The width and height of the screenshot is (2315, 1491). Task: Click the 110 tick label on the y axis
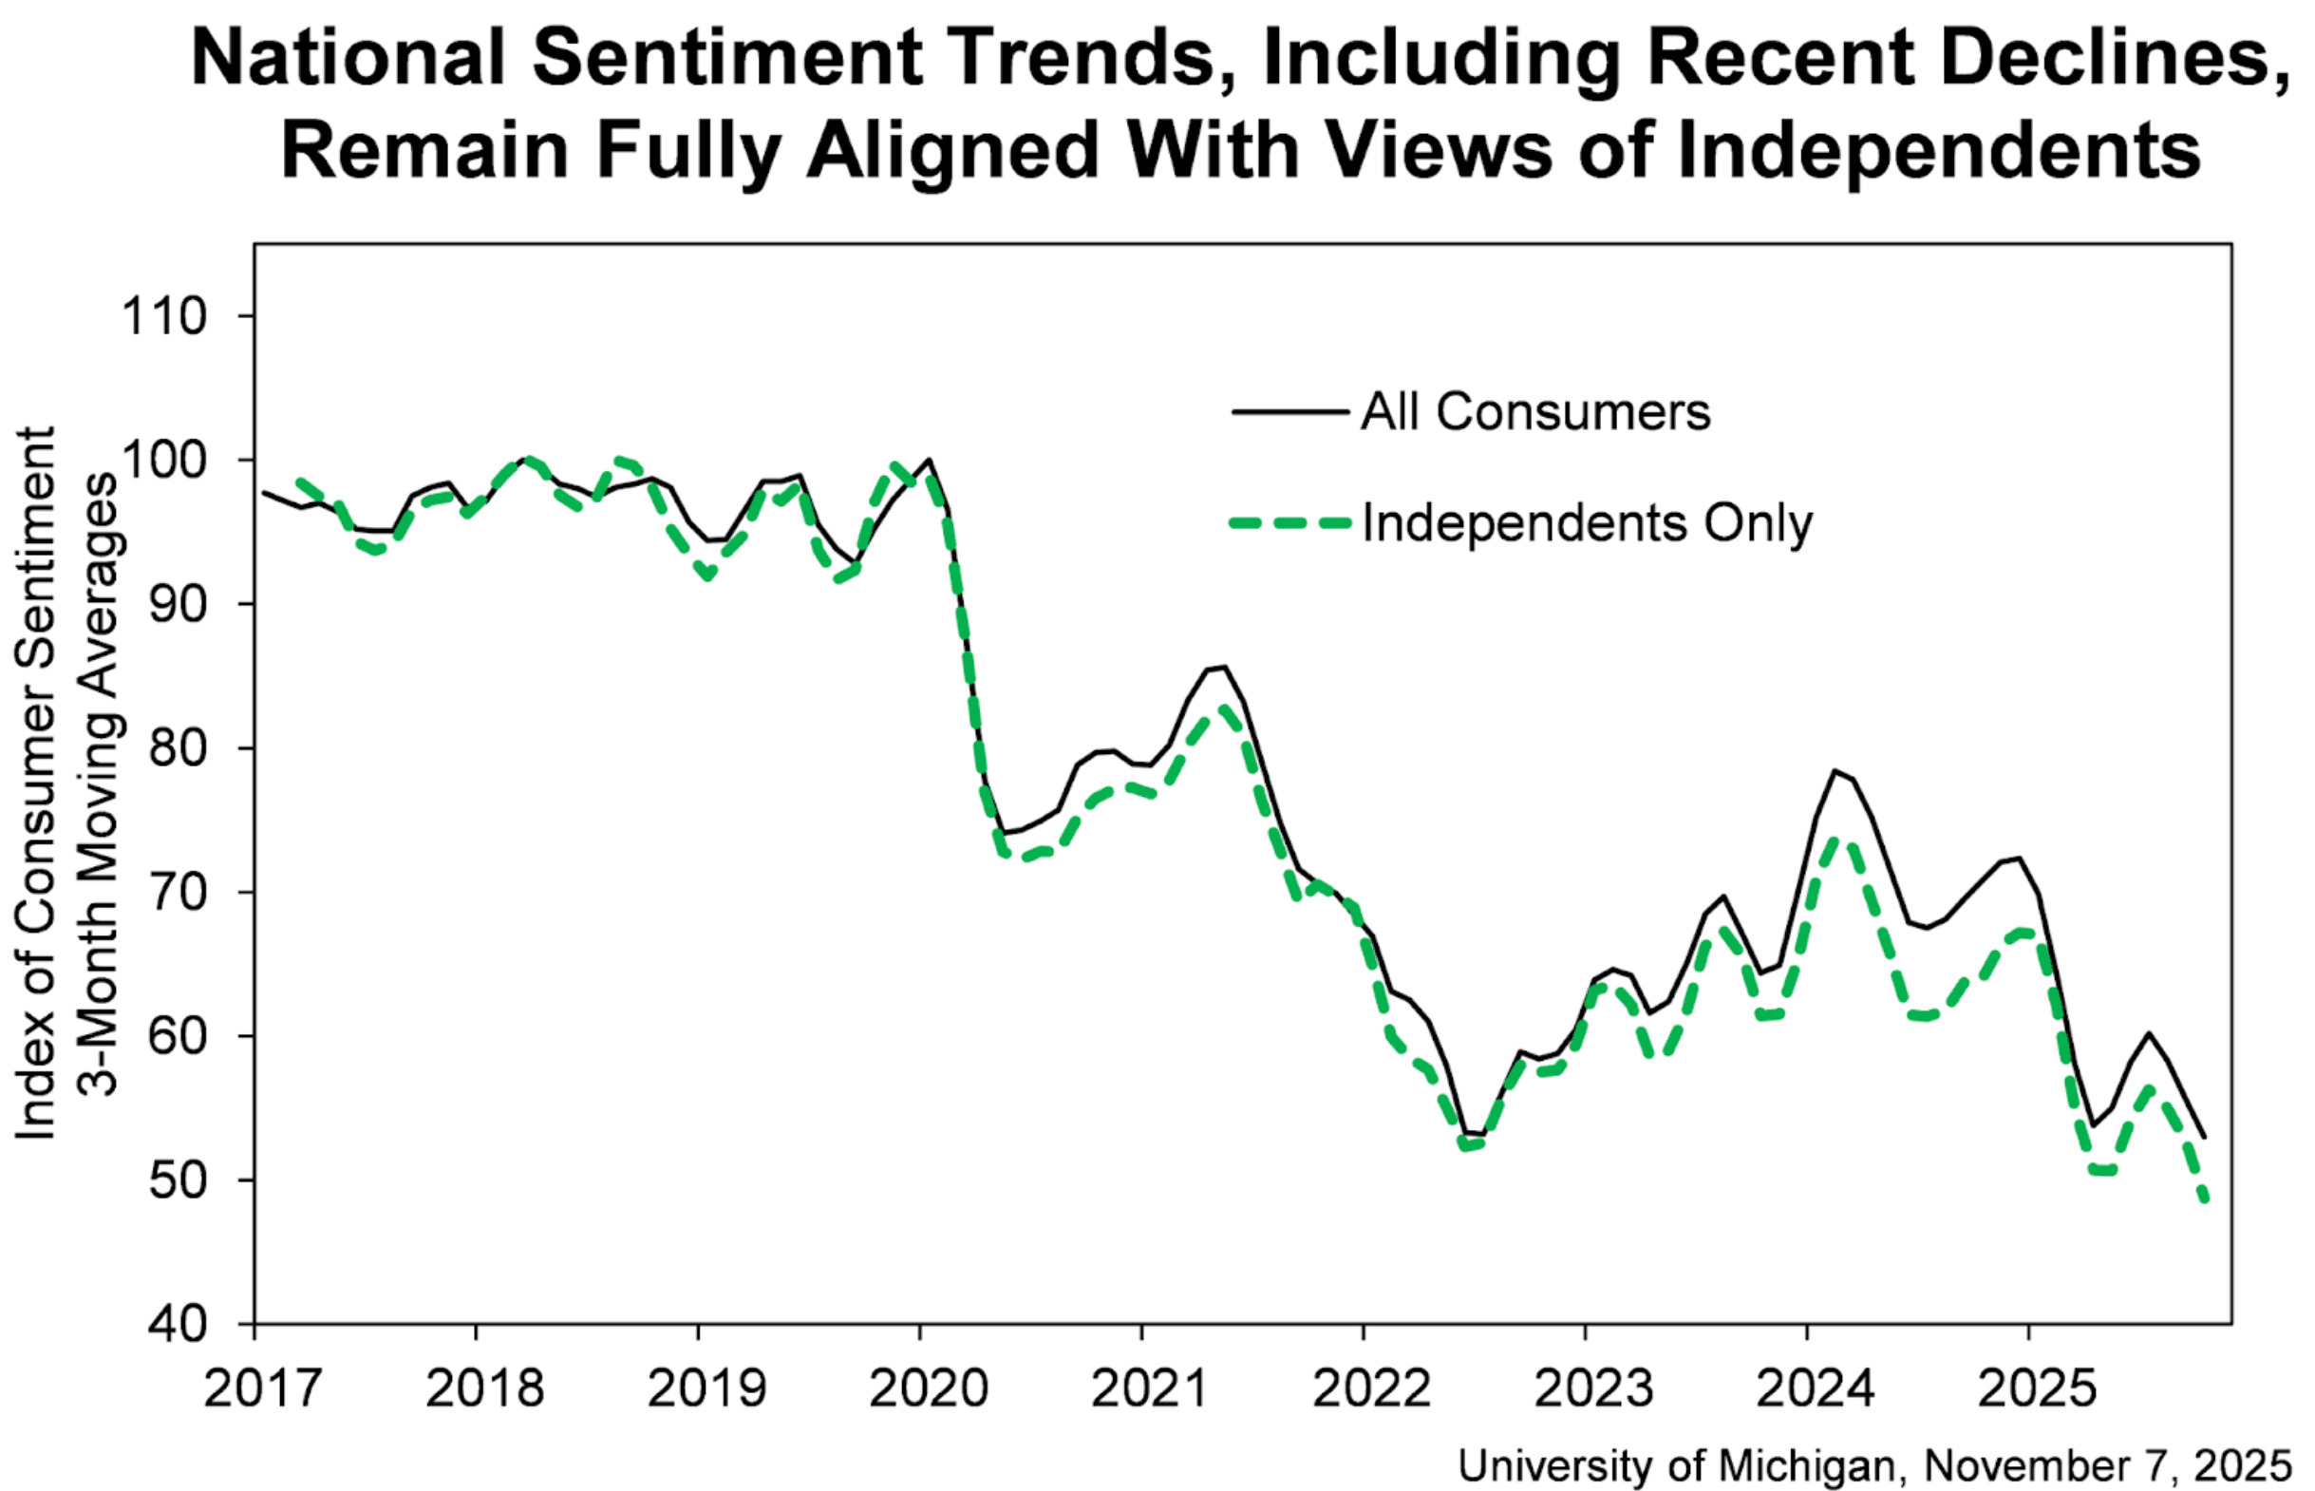(163, 316)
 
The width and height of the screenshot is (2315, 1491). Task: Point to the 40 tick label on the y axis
(179, 1324)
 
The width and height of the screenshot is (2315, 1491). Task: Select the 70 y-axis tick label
(179, 892)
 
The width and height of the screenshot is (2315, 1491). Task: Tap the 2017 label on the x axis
(261, 1387)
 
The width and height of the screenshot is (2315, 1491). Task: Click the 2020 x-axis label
(927, 1387)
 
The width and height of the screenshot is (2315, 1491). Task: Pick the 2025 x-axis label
(2036, 1387)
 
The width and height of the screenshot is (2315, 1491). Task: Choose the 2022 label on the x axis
(1370, 1387)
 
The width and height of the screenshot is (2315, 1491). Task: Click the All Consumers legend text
(1534, 411)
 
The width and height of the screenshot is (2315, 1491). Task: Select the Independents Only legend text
(1588, 523)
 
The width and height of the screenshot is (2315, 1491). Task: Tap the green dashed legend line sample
(1290, 523)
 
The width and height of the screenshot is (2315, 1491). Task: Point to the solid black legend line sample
(1290, 411)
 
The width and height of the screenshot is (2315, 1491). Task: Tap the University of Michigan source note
(1874, 1464)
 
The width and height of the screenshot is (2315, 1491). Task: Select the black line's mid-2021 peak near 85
(1225, 666)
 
